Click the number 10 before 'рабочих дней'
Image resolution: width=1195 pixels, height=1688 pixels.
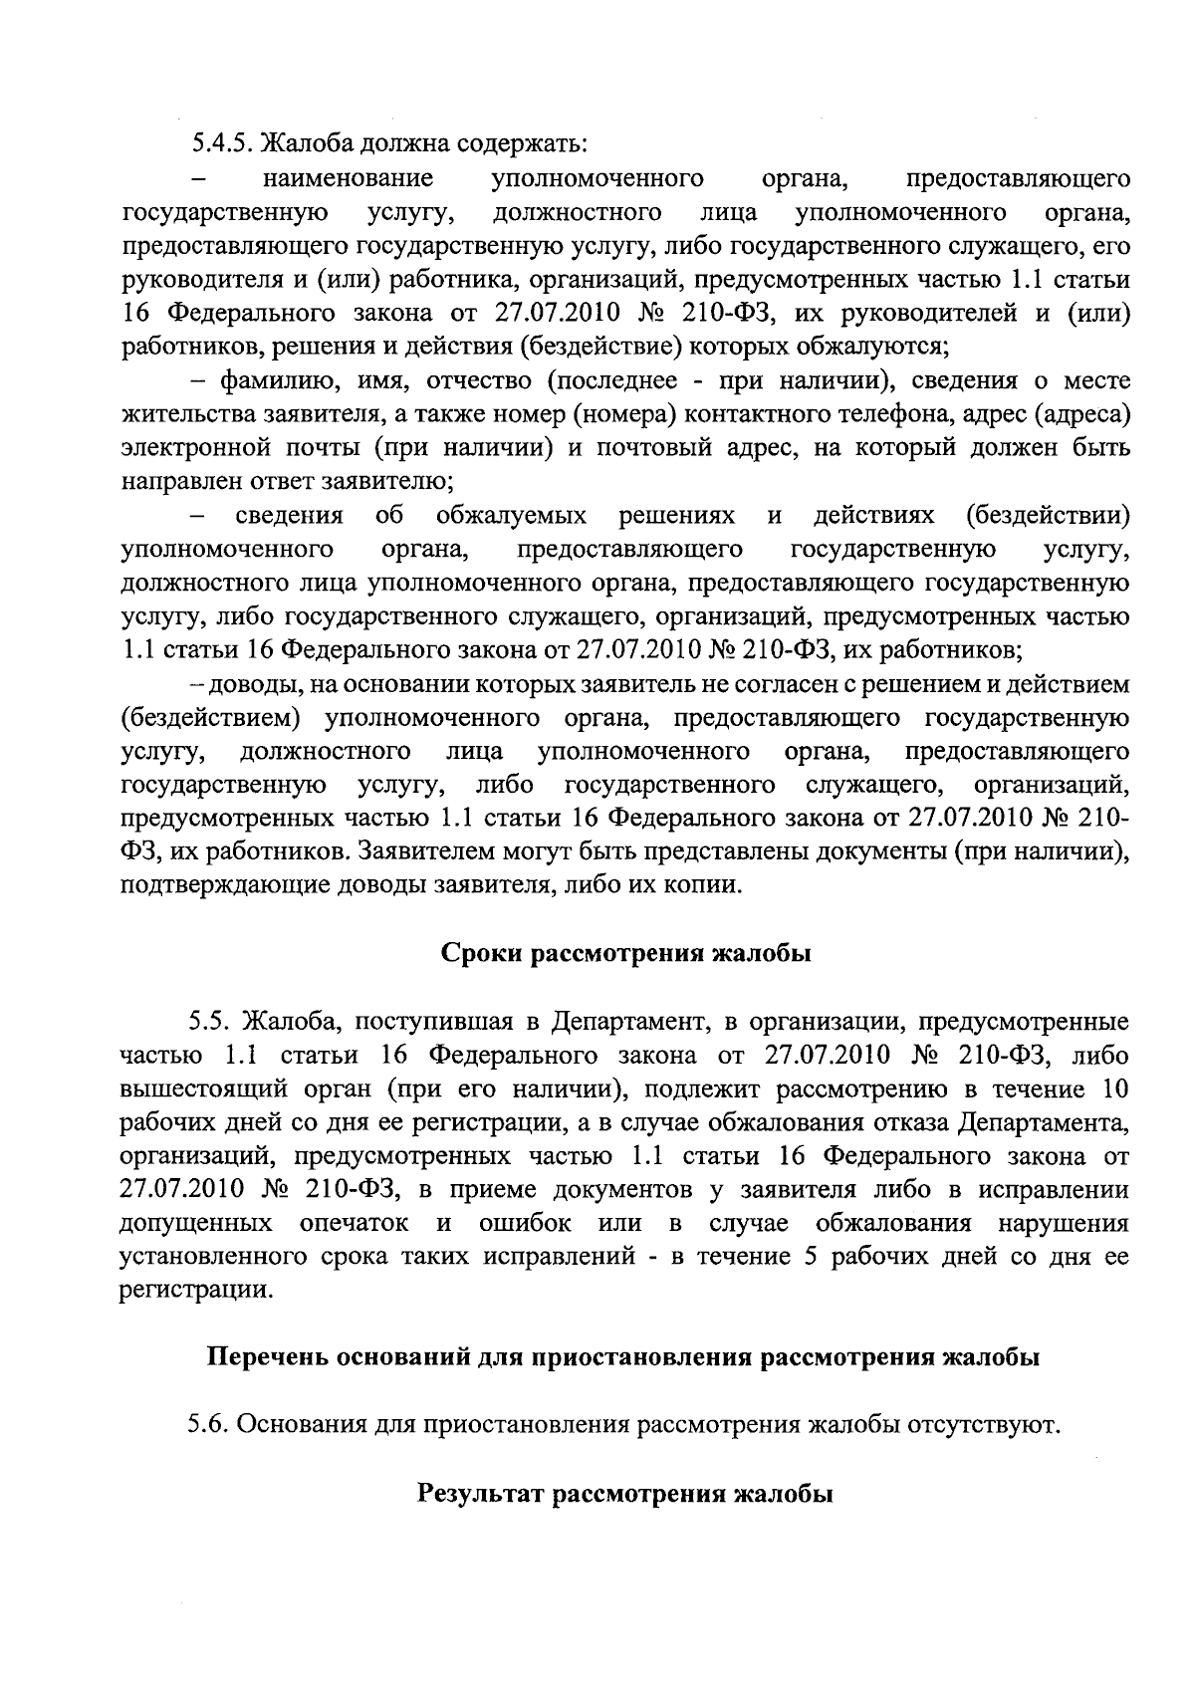pos(1115,1088)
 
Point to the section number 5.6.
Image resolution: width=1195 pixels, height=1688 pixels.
pos(209,1426)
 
